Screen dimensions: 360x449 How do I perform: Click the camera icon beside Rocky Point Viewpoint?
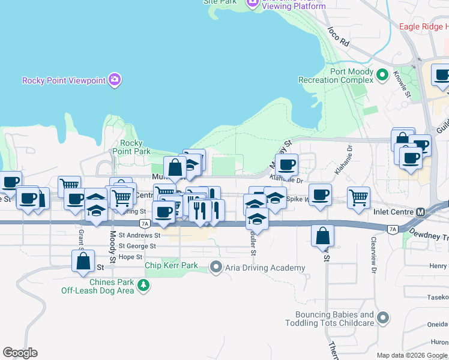(x=115, y=80)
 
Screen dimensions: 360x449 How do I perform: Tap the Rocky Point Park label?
(x=135, y=147)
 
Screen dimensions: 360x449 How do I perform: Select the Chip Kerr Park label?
(x=171, y=265)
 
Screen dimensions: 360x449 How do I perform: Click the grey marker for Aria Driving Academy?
(x=215, y=266)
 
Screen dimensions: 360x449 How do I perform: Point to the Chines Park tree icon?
(x=143, y=286)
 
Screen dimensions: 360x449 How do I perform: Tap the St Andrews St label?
(x=139, y=236)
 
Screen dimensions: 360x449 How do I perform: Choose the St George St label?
(x=137, y=246)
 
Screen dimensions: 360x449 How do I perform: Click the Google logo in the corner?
(x=20, y=353)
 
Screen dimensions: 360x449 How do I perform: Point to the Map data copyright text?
(x=411, y=355)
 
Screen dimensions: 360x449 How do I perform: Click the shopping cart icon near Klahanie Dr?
(x=358, y=197)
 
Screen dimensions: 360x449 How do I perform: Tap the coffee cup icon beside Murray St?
(x=286, y=164)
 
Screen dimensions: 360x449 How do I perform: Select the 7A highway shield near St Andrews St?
(x=144, y=223)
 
